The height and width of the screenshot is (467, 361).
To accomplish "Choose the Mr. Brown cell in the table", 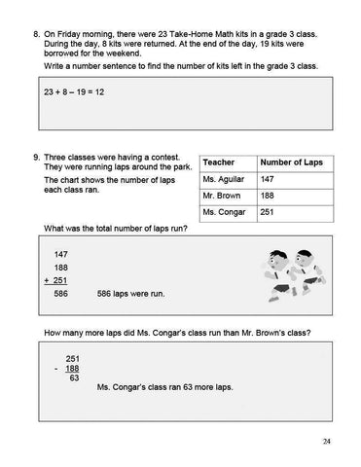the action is tap(220, 195).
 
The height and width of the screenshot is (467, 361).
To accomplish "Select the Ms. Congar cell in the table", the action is tap(222, 211).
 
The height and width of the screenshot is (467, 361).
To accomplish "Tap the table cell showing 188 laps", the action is tap(270, 195).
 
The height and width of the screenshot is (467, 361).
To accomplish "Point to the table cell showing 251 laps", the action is tap(270, 211).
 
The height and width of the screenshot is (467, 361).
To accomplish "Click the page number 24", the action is tap(326, 441).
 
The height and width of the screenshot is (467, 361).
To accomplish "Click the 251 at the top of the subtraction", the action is tap(71, 358).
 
